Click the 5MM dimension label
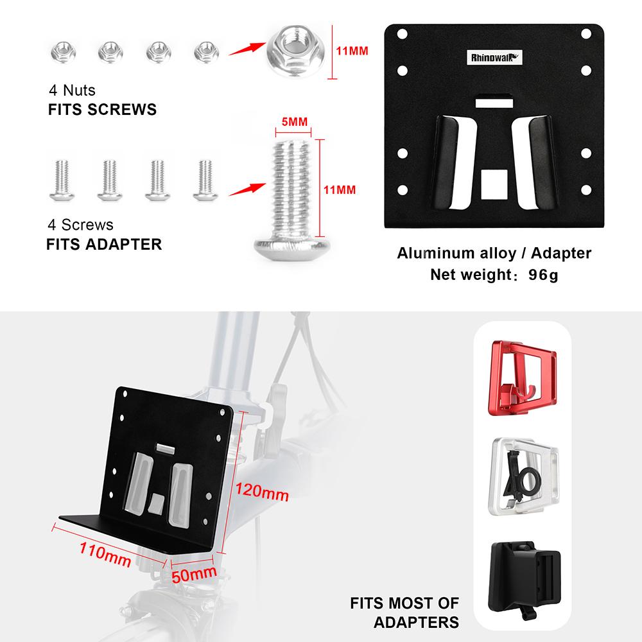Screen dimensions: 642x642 point(293,121)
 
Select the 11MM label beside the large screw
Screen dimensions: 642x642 point(340,190)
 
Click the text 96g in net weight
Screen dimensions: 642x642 point(541,276)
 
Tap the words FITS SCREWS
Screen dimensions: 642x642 point(102,109)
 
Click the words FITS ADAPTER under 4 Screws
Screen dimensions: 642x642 point(104,244)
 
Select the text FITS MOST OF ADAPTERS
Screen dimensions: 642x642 point(404,612)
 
